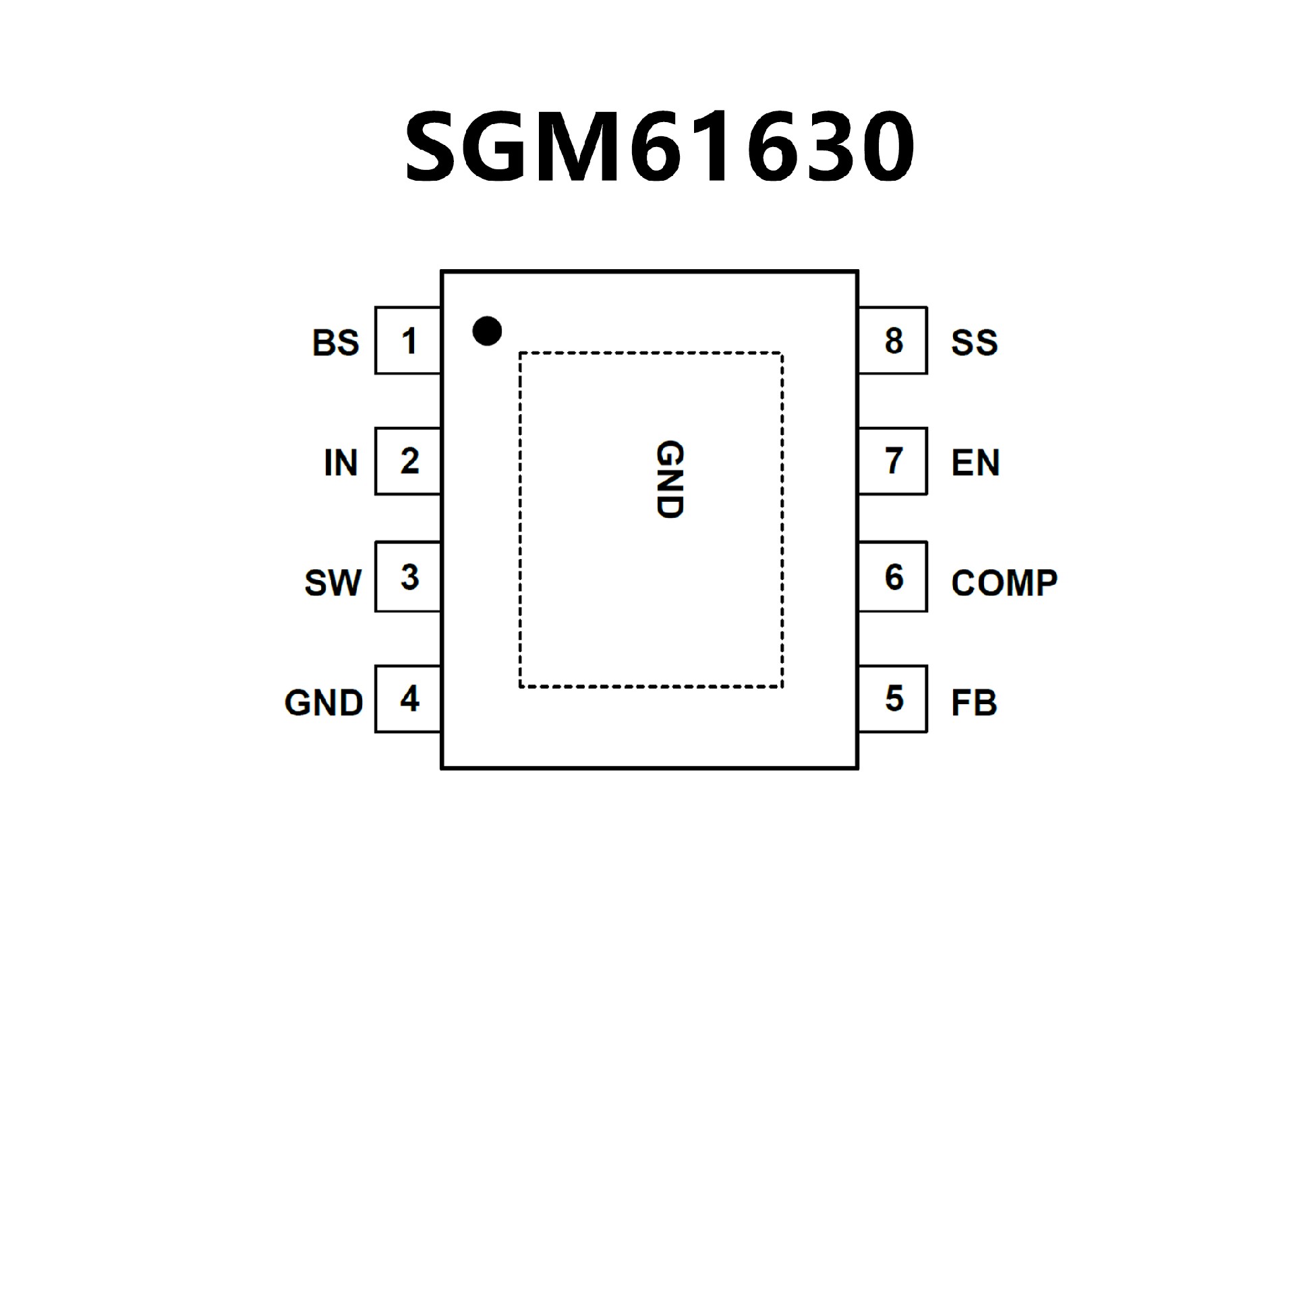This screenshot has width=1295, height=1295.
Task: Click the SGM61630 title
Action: (x=659, y=146)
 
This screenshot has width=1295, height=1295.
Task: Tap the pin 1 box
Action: (x=408, y=341)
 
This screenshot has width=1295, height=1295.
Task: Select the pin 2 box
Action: (x=408, y=461)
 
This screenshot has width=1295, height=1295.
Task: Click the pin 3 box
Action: (x=408, y=577)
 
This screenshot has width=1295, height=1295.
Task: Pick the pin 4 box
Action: (x=408, y=699)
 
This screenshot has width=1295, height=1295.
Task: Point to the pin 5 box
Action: (x=893, y=699)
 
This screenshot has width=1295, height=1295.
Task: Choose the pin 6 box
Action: (x=893, y=577)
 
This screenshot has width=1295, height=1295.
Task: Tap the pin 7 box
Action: (x=893, y=461)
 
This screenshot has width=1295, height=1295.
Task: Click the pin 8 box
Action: (x=893, y=341)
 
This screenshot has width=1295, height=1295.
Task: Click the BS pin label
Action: (x=335, y=343)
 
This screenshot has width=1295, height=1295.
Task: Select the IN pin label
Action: (x=341, y=463)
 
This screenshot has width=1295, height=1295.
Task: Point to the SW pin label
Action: (x=333, y=583)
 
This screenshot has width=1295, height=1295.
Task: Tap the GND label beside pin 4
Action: (x=324, y=703)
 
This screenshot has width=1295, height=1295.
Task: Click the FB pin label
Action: (x=973, y=703)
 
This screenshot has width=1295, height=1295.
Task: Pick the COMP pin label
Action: (x=1004, y=583)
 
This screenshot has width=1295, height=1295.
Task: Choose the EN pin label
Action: (x=975, y=463)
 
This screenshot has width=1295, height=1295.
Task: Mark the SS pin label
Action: (x=974, y=343)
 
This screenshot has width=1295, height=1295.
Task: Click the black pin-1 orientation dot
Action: (x=487, y=331)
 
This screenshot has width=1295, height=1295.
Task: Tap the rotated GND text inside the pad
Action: (x=670, y=480)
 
